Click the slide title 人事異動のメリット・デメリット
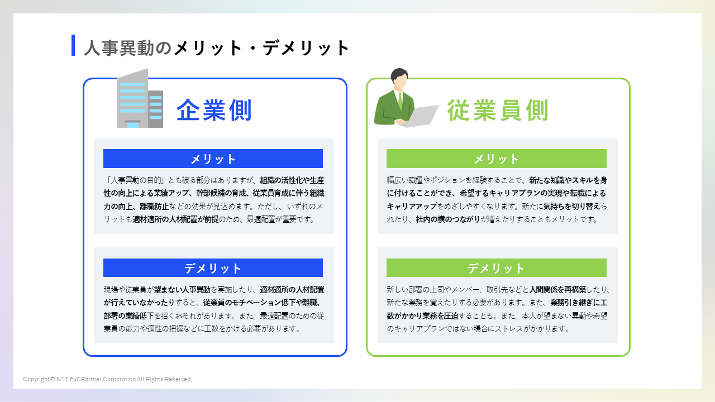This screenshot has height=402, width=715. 217,48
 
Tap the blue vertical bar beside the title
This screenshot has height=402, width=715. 73,45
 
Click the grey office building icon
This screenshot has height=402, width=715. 140,99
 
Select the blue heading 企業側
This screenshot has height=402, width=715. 214,110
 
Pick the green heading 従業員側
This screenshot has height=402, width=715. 498,111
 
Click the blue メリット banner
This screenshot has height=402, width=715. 213,159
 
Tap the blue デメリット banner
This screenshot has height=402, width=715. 213,268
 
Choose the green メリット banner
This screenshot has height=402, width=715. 496,159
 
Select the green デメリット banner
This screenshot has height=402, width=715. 496,268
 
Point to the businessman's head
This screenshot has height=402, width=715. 399,79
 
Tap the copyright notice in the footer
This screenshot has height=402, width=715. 107,379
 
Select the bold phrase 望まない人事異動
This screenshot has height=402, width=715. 182,290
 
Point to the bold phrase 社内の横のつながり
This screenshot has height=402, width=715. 448,219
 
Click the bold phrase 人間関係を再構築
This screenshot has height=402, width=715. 558,290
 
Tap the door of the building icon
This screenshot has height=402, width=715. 132,124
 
